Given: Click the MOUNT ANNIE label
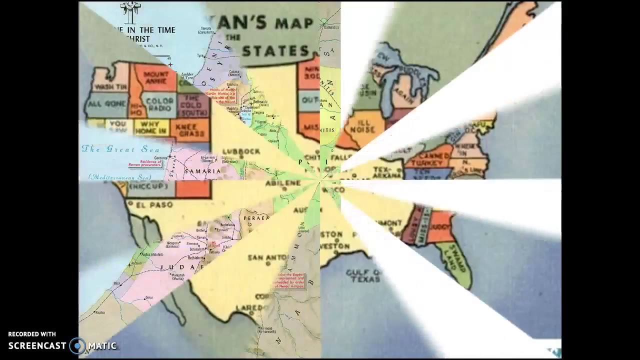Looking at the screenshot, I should point(155,77).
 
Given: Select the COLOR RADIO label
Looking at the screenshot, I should point(159,104).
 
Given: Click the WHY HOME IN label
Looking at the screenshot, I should point(150,127).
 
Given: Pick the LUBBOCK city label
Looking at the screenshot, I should point(241,151).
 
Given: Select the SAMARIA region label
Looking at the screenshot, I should point(202,171).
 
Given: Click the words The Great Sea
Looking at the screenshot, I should point(120,149).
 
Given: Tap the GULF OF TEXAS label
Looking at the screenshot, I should point(364,275).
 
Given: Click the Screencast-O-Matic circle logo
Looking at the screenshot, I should point(77,345).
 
